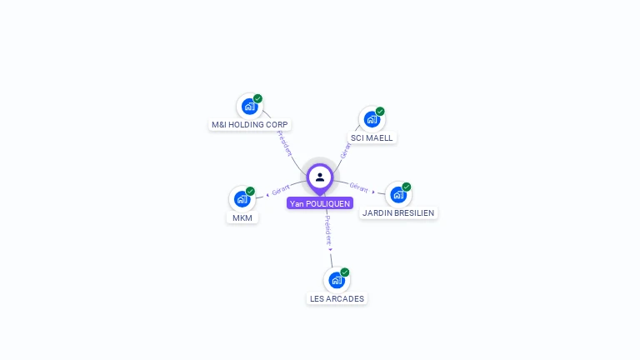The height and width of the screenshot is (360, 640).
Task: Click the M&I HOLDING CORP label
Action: coord(249,124)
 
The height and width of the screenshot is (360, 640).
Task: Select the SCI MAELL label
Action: coord(372,138)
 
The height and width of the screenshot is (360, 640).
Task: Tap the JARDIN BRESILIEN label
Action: coord(398,213)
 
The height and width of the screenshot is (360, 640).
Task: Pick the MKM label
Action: coord(242,218)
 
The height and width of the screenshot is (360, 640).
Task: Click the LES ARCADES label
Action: coord(337,299)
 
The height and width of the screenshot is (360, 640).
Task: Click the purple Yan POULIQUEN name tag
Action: coord(320,203)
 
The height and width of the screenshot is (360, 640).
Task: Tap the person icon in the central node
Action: coord(320,177)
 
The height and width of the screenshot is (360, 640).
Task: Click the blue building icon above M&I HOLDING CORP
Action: coord(249,107)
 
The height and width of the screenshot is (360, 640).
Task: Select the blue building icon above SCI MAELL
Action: coord(372,120)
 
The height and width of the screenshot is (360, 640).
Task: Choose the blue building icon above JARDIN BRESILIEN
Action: coord(398,195)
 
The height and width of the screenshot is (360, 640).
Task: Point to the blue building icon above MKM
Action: coord(242,199)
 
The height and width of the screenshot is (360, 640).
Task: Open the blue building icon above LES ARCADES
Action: coord(337,280)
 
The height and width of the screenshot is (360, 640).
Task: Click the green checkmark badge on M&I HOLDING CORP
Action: coord(257,98)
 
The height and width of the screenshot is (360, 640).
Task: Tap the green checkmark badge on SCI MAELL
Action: coord(380,111)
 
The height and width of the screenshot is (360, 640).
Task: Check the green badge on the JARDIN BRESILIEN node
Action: coord(407,187)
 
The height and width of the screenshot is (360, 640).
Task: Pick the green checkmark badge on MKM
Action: coord(250,191)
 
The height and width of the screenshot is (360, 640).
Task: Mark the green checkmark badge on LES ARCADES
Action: coord(345,272)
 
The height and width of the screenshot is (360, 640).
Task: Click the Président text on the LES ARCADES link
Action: coord(328,230)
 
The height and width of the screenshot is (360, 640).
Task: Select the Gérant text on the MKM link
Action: coord(281,189)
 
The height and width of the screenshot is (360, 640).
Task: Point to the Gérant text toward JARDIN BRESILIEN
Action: coord(359,187)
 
